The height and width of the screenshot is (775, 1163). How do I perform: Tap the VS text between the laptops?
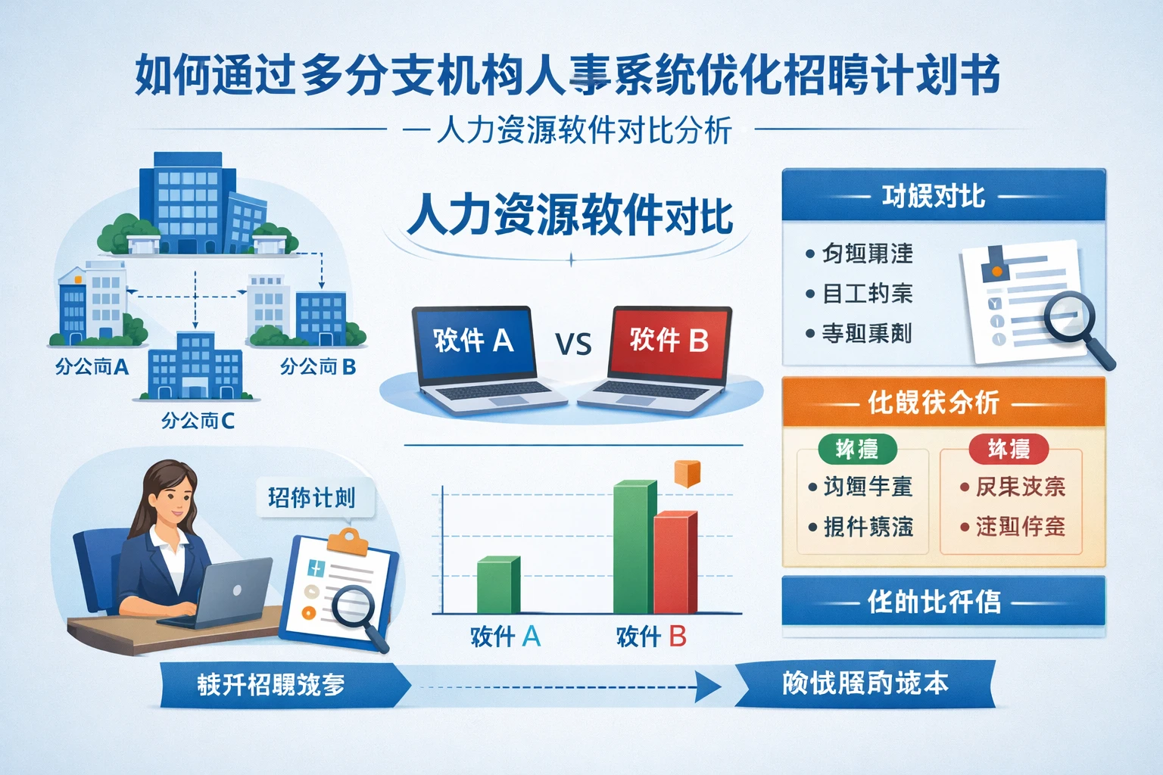coord(573,345)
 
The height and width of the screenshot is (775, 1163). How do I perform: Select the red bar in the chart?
coord(674,564)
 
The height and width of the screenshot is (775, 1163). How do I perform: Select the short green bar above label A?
coord(497,585)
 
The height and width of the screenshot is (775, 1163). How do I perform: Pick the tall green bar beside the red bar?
coord(633,546)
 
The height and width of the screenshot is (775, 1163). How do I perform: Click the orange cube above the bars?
coord(687,474)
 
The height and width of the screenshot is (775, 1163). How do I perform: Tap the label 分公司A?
coord(92,368)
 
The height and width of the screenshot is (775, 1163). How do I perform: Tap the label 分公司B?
coord(318,367)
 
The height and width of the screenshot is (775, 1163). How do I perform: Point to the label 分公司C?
coord(198,421)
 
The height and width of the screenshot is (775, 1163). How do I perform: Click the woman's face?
coord(174,500)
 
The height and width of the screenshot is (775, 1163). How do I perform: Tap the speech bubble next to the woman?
coord(313,498)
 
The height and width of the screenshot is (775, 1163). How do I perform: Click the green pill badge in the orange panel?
coord(857,450)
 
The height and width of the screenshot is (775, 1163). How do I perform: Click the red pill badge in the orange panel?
coord(1009,450)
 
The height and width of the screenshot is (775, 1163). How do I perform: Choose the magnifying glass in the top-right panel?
coord(1074,321)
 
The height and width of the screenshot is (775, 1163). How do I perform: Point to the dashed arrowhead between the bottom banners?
coord(709,687)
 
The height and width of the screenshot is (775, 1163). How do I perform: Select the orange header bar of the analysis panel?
coord(943,402)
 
